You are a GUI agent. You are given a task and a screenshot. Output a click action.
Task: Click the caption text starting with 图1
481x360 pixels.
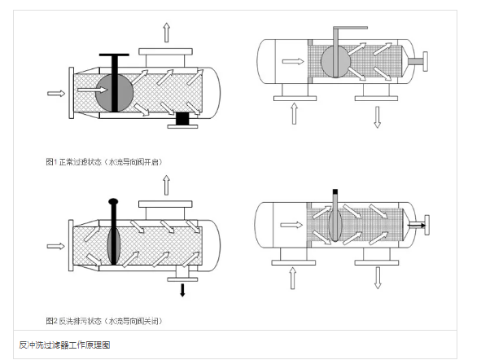105,162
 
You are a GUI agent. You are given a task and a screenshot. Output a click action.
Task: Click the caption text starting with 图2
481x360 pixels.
105,320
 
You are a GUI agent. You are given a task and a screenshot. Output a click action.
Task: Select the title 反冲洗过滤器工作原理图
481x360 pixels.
64,345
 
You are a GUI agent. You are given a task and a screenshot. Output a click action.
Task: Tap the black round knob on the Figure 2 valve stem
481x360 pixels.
113,201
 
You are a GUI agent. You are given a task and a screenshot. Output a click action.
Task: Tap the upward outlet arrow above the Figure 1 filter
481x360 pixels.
167,33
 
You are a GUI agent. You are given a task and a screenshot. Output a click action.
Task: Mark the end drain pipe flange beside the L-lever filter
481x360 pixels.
426,62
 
